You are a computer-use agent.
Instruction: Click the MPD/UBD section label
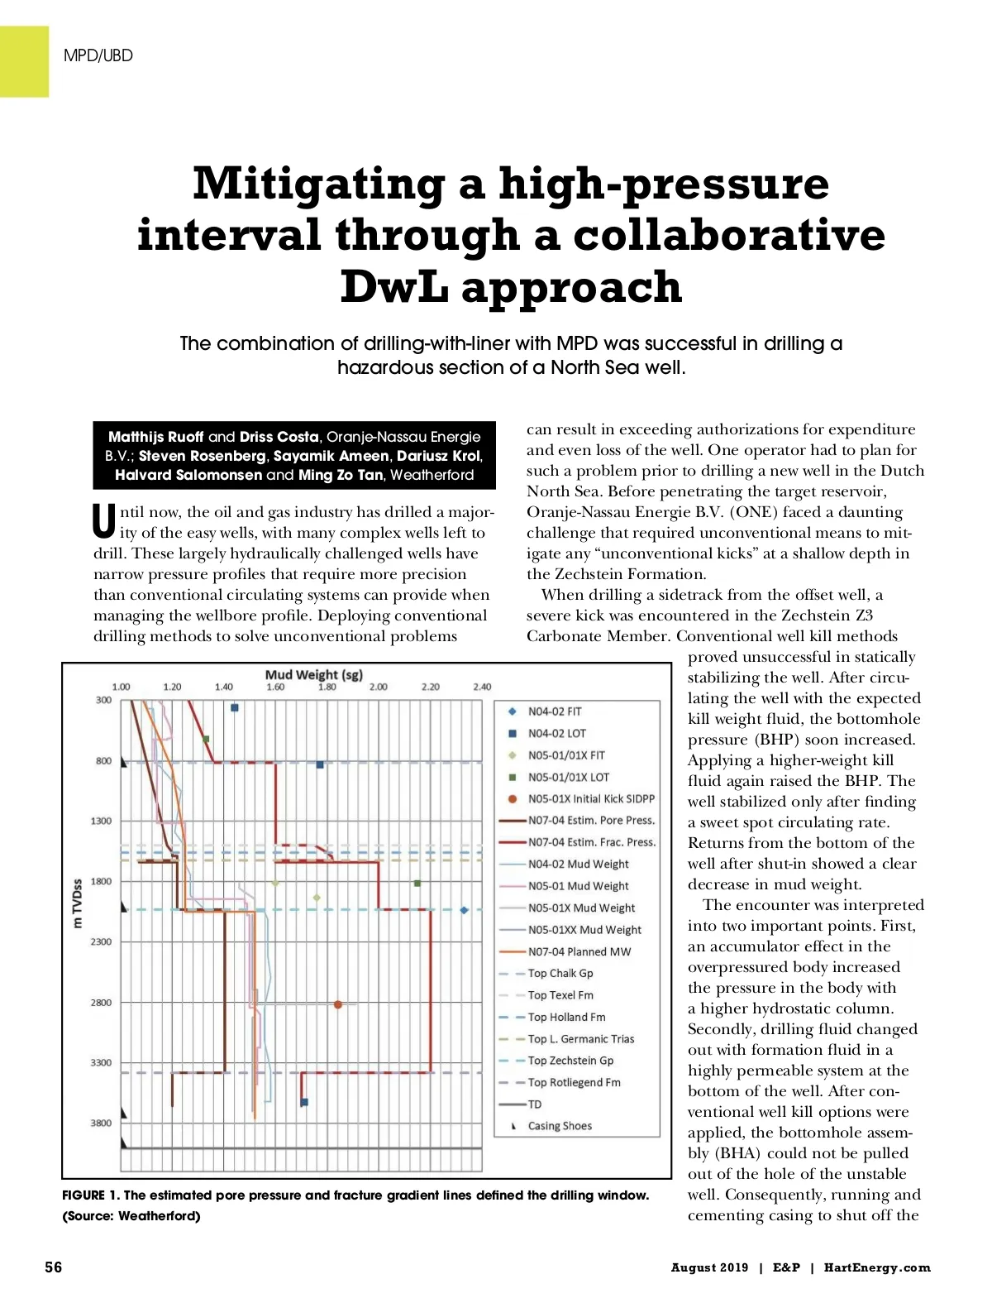(98, 55)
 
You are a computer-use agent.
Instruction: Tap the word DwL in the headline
(395, 287)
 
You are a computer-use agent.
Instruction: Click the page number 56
(53, 1267)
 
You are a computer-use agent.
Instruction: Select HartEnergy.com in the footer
(877, 1267)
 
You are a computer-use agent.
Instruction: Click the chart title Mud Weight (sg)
(313, 674)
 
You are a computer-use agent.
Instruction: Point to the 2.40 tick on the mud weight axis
(482, 687)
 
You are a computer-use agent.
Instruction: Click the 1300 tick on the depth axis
(101, 821)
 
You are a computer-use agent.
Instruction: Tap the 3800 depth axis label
(101, 1123)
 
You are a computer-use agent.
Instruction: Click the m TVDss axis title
(78, 903)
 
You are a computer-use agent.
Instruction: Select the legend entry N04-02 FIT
(555, 711)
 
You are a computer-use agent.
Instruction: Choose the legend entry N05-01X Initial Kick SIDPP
(591, 798)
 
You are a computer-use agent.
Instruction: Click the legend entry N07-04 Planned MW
(579, 951)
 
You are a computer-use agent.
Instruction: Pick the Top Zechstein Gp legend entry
(570, 1061)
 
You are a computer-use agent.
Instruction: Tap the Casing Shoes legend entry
(560, 1126)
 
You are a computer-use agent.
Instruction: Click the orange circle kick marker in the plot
(338, 1004)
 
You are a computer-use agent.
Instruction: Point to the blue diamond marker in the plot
(464, 910)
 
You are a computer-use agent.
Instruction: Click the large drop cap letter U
(104, 521)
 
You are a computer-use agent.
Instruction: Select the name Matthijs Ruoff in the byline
(155, 437)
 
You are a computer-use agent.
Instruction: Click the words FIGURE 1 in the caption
(90, 1195)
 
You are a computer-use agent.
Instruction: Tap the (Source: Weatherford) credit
(131, 1216)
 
